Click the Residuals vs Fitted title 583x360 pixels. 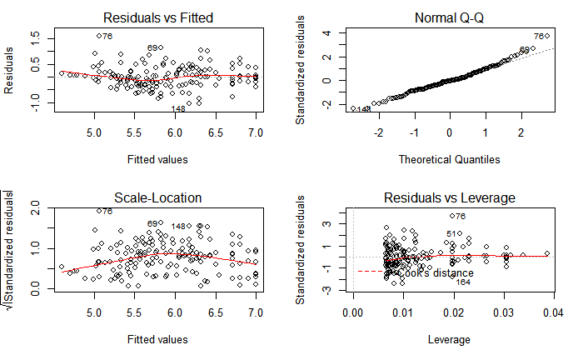157,17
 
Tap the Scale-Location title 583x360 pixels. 157,197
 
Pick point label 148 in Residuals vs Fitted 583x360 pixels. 177,109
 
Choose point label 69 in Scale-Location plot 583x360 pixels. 152,223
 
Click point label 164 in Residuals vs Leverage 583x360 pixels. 462,282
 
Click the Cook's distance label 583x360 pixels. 435,272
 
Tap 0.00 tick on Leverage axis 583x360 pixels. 353,312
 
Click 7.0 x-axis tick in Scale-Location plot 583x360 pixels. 256,312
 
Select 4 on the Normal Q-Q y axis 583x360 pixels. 328,33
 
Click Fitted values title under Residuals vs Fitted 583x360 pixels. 157,159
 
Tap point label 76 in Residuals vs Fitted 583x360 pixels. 107,36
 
